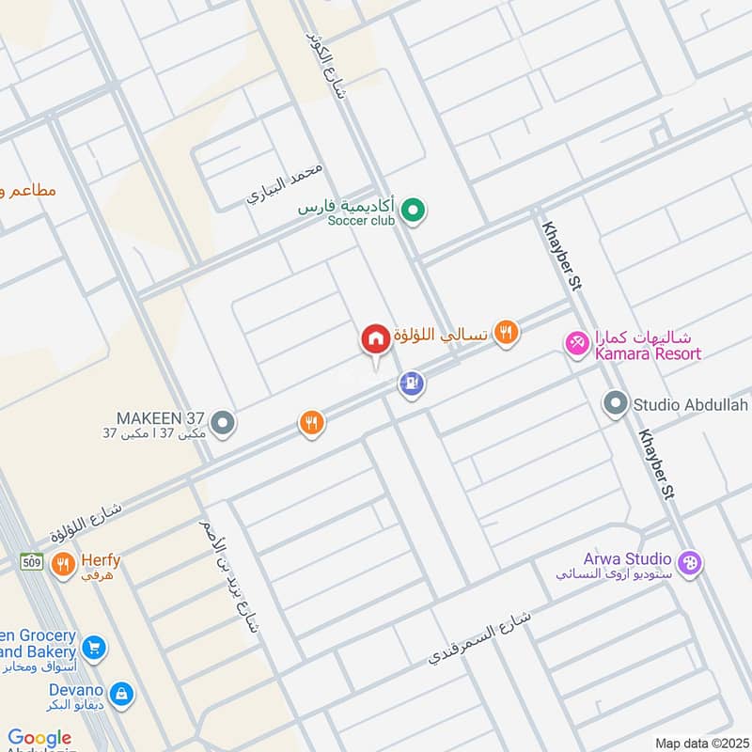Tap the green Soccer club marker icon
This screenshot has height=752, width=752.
tap(412, 211)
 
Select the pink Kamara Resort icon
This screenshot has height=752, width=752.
tap(576, 344)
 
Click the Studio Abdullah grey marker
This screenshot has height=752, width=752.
tap(616, 404)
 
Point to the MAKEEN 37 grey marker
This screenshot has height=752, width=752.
tap(223, 423)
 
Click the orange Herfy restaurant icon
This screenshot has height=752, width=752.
tap(63, 564)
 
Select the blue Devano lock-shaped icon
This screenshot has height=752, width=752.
tap(121, 695)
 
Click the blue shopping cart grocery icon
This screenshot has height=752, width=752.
tap(93, 648)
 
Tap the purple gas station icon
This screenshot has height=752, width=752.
tap(411, 383)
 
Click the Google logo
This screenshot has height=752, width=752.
tap(39, 739)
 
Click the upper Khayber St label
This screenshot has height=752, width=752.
tap(559, 258)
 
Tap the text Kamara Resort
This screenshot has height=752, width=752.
tap(648, 354)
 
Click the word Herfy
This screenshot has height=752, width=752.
tap(100, 559)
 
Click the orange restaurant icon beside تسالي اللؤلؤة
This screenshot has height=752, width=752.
tap(507, 331)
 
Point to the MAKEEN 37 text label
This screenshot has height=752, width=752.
tap(160, 417)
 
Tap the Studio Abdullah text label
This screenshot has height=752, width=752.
tap(691, 405)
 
